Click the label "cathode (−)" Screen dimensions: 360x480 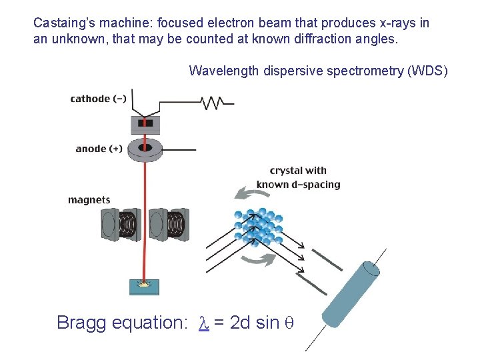[x=98, y=99]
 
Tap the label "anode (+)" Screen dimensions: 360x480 [x=99, y=149]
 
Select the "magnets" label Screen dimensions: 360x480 [x=89, y=200]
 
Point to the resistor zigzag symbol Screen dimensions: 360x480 [x=213, y=103]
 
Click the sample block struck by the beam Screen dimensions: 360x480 [x=143, y=286]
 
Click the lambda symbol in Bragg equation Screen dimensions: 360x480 [x=204, y=323]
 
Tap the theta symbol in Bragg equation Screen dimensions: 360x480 [x=289, y=323]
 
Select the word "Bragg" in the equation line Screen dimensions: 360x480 [x=81, y=323]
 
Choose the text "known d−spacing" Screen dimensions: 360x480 [x=298, y=185]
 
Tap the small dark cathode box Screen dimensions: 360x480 [x=145, y=123]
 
